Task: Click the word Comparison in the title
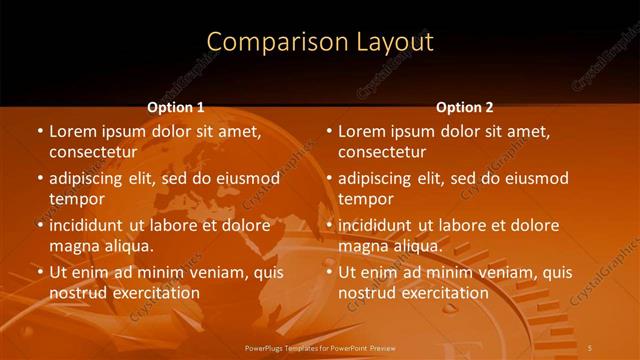point(267,42)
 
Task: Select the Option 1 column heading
point(175,107)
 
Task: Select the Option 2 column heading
point(464,107)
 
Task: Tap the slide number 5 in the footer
point(591,347)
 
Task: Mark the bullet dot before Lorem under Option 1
point(40,131)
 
